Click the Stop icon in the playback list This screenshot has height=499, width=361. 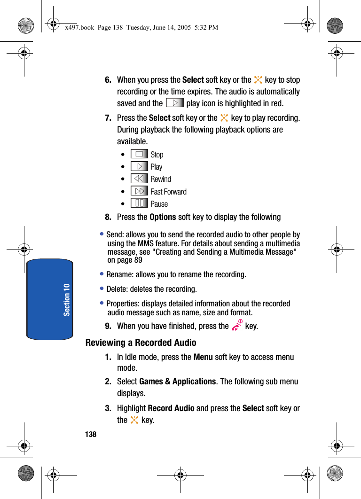tap(139, 154)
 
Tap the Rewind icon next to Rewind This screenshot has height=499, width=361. tap(139, 179)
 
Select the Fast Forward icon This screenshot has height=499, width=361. tap(139, 191)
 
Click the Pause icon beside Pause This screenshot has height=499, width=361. tap(139, 203)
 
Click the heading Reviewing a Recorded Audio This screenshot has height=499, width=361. tap(141, 343)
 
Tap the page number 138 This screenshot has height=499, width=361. tap(91, 434)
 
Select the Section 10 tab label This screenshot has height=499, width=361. tap(67, 299)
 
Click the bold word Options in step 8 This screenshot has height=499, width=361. tap(163, 217)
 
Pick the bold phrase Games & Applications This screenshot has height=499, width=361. tap(178, 382)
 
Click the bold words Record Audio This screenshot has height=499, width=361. tap(171, 408)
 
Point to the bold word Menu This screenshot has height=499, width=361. tap(203, 357)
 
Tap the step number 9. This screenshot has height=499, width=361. tap(108, 326)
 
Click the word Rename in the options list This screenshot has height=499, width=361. tap(118, 274)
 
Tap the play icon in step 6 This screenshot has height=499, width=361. tap(174, 103)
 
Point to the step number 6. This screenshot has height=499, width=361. tap(108, 80)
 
